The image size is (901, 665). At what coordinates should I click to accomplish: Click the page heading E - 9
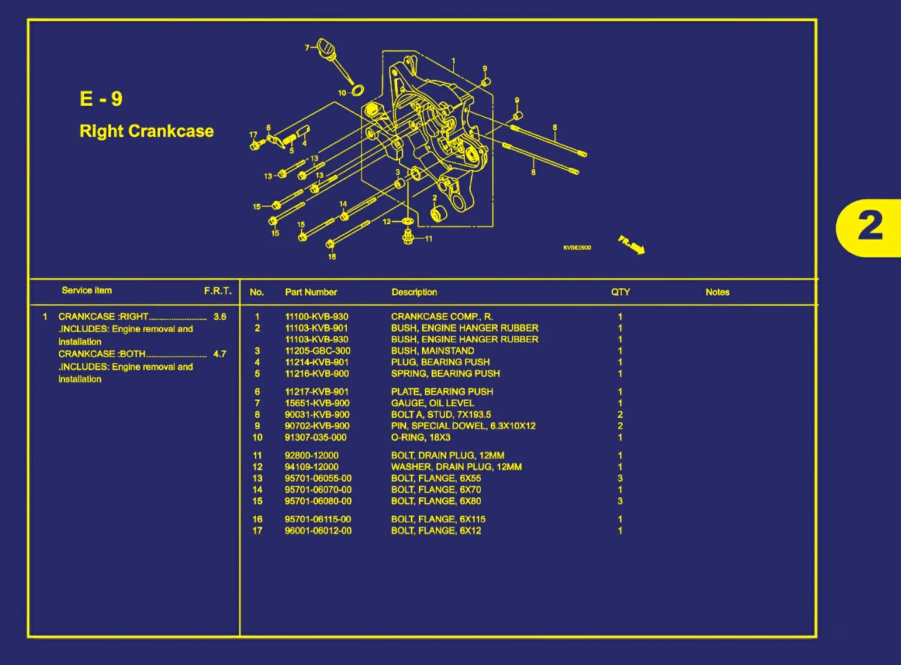tap(101, 99)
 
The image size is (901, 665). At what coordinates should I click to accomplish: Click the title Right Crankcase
tap(146, 131)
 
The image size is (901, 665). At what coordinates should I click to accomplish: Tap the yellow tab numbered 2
tap(870, 227)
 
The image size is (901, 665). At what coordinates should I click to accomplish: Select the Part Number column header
tap(311, 292)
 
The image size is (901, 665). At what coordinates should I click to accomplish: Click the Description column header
tap(414, 292)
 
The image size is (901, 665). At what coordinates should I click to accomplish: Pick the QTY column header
tap(620, 292)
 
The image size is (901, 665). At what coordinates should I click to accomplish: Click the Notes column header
tap(717, 292)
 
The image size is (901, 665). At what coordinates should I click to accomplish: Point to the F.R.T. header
tap(218, 291)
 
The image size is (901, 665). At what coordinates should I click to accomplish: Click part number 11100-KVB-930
tap(317, 317)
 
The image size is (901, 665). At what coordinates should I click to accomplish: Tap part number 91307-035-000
tap(315, 437)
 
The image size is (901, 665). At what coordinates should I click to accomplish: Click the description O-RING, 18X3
tap(420, 437)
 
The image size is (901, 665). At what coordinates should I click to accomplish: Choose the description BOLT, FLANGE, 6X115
tap(438, 519)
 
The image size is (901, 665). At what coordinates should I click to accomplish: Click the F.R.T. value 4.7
tap(219, 354)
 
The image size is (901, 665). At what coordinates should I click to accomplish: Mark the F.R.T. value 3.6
tap(219, 317)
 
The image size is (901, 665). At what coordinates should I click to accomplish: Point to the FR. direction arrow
tap(632, 244)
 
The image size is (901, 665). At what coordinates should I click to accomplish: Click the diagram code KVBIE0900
tap(577, 248)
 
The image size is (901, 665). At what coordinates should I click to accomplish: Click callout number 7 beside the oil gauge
tap(307, 48)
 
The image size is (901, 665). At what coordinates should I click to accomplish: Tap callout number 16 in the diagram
tap(332, 257)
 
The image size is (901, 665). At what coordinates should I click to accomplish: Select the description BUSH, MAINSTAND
tap(432, 351)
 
